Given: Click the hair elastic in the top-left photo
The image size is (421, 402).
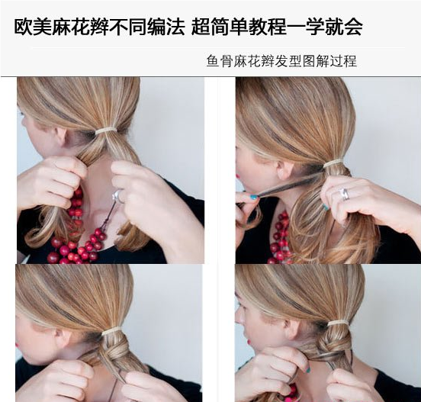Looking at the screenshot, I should [x=105, y=131].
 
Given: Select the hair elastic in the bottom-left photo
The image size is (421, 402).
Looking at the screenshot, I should [x=112, y=331].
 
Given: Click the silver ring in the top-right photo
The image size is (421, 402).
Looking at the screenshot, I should [x=344, y=194].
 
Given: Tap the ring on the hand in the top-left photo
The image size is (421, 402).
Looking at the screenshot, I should [x=116, y=196].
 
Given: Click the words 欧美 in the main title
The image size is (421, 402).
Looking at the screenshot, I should [x=29, y=29].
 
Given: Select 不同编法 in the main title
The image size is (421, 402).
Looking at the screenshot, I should [x=156, y=29].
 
